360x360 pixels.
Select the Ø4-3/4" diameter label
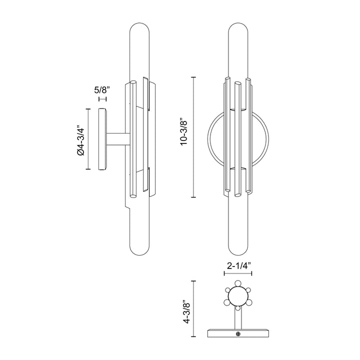tap(81, 140)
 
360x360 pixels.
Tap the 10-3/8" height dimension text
tap(184, 131)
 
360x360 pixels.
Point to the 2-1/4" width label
tap(238, 266)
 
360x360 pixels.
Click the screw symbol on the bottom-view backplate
tap(238, 334)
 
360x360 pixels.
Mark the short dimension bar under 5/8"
tap(102, 99)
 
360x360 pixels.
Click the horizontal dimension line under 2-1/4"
tap(238, 273)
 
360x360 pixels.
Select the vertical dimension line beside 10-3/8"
tap(193, 137)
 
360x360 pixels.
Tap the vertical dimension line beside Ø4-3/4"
tap(88, 139)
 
